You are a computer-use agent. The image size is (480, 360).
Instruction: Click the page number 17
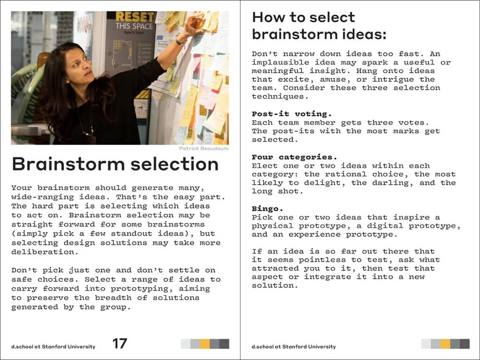[x=120, y=343]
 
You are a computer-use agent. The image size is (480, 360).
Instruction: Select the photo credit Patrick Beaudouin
[x=204, y=149]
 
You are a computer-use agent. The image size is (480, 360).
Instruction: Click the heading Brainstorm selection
[x=115, y=164]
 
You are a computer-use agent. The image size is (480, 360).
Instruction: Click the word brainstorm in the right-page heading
[x=293, y=35]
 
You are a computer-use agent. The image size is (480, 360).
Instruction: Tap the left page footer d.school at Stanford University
[x=53, y=347]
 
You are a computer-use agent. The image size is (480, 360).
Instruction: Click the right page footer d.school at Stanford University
[x=294, y=347]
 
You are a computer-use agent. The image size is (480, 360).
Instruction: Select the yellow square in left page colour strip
[x=205, y=344]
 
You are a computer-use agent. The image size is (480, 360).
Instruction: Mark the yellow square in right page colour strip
[x=445, y=344]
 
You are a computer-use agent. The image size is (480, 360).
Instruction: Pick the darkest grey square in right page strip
[x=465, y=344]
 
